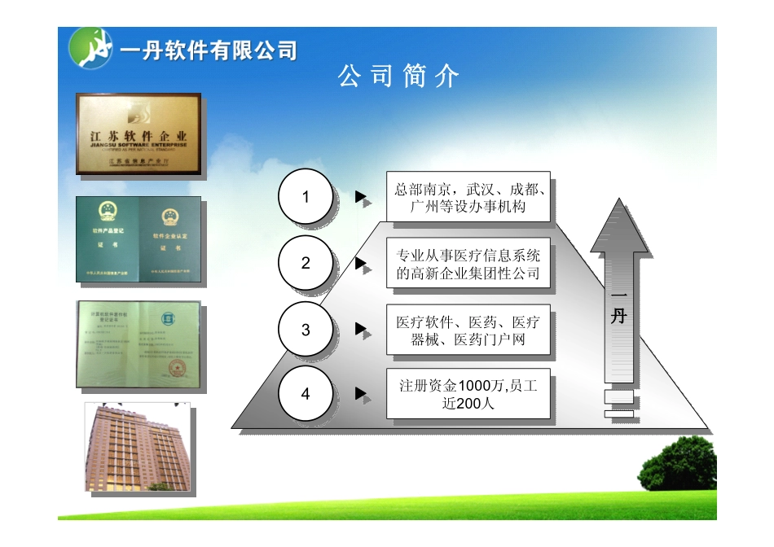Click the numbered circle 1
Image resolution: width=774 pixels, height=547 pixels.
pyautogui.click(x=306, y=197)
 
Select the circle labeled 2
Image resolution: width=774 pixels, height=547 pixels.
pyautogui.click(x=306, y=263)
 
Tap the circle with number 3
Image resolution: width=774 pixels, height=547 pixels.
pyautogui.click(x=306, y=330)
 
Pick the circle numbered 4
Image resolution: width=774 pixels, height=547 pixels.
pyautogui.click(x=306, y=394)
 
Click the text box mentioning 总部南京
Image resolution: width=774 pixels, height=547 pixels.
pyautogui.click(x=468, y=198)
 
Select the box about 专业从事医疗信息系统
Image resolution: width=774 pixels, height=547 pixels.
pyautogui.click(x=468, y=264)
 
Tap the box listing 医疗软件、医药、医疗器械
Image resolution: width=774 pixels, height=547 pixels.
pyautogui.click(x=468, y=330)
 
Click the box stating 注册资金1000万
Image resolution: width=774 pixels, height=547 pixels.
pyautogui.click(x=468, y=394)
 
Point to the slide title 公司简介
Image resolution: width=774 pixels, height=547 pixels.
pyautogui.click(x=399, y=77)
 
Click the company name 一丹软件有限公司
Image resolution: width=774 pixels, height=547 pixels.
pyautogui.click(x=209, y=52)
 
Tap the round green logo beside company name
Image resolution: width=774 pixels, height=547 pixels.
pyautogui.click(x=90, y=48)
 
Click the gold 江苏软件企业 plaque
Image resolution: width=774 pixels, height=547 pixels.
pyautogui.click(x=139, y=133)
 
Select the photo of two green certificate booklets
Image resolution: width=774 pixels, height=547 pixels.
pyautogui.click(x=139, y=239)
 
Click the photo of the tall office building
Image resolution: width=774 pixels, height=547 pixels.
pyautogui.click(x=140, y=447)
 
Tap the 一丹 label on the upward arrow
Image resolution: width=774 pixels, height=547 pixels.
pyautogui.click(x=619, y=308)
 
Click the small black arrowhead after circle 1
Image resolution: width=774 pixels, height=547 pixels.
pyautogui.click(x=360, y=197)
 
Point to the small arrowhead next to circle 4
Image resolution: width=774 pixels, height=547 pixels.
pyautogui.click(x=360, y=394)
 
